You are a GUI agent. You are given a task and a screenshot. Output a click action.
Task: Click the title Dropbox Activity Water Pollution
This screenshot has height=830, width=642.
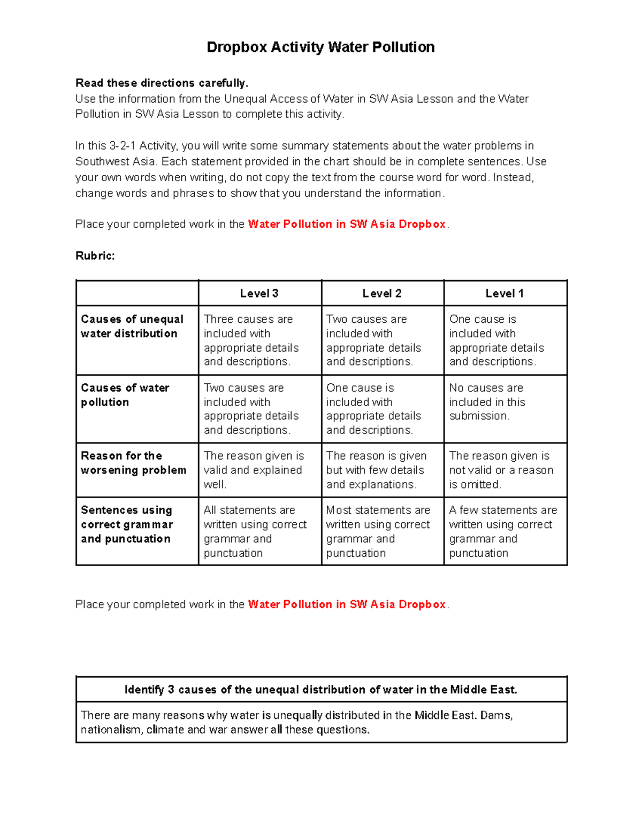tap(320, 47)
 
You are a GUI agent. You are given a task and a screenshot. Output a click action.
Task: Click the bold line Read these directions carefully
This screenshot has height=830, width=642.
tap(162, 83)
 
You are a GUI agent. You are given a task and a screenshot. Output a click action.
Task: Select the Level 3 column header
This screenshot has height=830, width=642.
tap(259, 293)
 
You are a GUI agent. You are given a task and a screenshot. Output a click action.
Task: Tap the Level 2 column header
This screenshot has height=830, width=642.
tap(382, 293)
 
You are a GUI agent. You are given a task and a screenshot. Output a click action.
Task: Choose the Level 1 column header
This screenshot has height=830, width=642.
tap(505, 293)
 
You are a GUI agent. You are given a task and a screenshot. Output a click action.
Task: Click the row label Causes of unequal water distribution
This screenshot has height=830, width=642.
tap(132, 326)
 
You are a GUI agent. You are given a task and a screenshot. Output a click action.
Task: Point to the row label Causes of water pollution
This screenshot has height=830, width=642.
tap(125, 395)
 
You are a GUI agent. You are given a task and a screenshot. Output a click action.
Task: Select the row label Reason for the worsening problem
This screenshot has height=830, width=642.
tap(133, 463)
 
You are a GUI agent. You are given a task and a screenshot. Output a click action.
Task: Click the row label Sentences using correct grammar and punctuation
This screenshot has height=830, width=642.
tap(127, 524)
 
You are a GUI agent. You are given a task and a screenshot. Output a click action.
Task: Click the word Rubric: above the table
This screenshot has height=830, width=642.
tap(95, 255)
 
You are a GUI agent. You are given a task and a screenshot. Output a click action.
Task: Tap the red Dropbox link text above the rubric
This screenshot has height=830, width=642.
tap(347, 224)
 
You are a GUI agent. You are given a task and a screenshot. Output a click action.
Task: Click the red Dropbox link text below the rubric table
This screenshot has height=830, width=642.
tap(347, 604)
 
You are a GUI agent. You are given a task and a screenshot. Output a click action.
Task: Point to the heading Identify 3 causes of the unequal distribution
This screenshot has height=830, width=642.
tap(320, 689)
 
